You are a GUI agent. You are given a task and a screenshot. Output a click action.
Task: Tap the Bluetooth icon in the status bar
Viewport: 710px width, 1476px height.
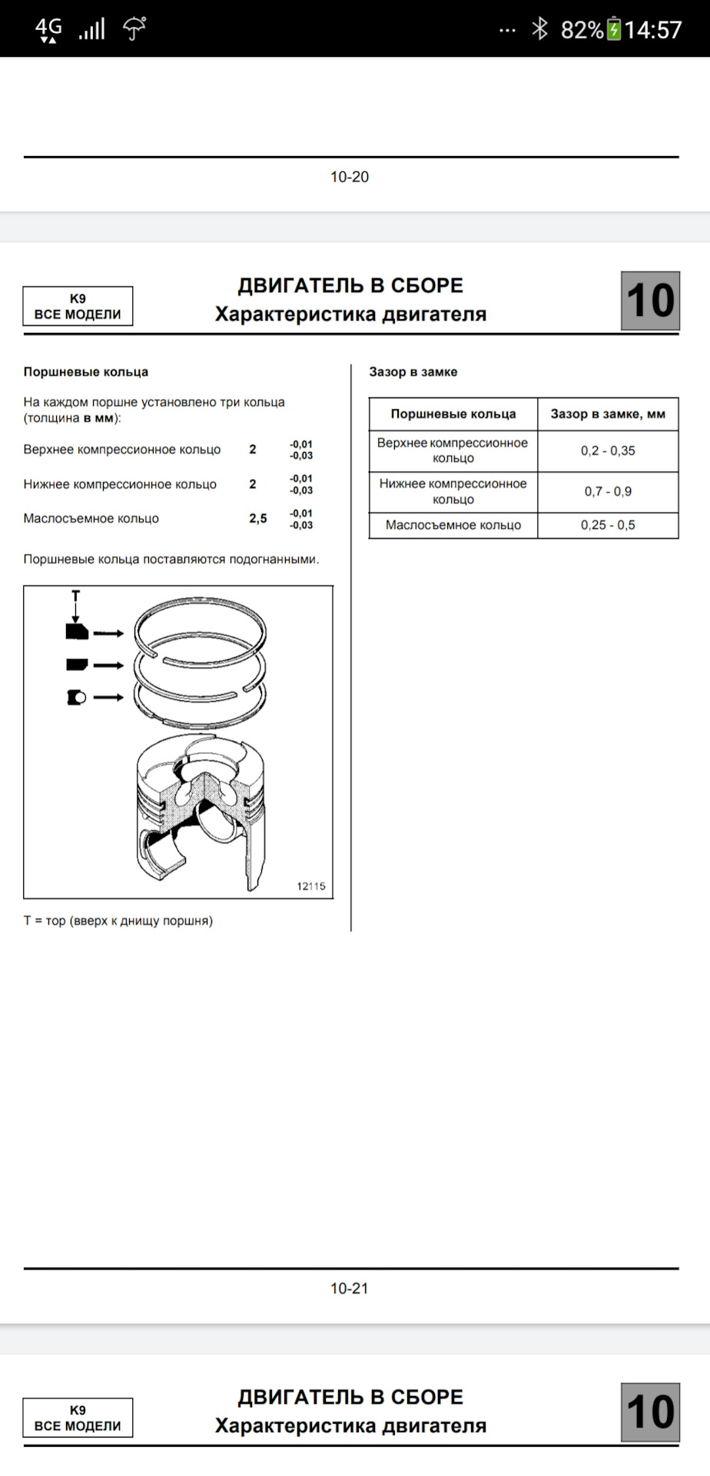tap(540, 29)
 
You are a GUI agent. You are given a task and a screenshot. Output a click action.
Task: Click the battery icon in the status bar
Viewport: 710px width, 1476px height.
tap(614, 29)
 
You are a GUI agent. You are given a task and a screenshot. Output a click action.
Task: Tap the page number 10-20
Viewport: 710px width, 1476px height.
tap(350, 177)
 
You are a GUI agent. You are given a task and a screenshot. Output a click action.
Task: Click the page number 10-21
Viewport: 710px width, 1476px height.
tap(350, 1288)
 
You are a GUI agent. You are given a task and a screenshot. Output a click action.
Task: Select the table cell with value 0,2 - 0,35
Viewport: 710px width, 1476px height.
tap(608, 450)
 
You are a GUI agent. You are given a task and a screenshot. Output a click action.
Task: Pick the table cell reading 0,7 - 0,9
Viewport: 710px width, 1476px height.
tap(608, 491)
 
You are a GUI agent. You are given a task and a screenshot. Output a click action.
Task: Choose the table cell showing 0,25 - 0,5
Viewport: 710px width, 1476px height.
tap(608, 525)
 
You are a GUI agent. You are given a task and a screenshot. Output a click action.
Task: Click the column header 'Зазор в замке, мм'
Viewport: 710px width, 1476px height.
tap(608, 414)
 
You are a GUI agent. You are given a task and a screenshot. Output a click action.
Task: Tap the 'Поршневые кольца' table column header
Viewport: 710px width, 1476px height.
tap(453, 414)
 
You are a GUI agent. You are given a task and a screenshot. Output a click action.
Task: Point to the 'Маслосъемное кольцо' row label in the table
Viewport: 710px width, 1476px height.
tap(453, 525)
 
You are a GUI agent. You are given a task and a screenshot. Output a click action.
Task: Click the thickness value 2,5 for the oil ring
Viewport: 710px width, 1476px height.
tap(258, 519)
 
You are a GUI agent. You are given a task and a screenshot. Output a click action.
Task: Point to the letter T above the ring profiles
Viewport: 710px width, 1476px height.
tap(75, 596)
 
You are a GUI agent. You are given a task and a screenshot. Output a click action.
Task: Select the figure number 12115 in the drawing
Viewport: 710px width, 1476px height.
tap(311, 886)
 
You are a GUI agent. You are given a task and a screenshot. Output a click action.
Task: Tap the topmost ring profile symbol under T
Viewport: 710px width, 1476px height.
tap(77, 632)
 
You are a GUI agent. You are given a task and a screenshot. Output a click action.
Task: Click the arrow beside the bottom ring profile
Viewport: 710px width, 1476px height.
tap(108, 697)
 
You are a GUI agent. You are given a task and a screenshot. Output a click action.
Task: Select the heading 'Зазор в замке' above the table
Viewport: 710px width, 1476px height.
tap(413, 372)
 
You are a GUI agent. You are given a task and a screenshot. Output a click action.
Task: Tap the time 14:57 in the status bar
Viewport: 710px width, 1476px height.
tap(653, 29)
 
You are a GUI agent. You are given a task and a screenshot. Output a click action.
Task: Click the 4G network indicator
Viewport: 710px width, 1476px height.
tap(48, 29)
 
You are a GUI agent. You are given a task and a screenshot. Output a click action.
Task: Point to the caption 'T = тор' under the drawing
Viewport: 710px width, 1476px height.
tap(118, 920)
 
